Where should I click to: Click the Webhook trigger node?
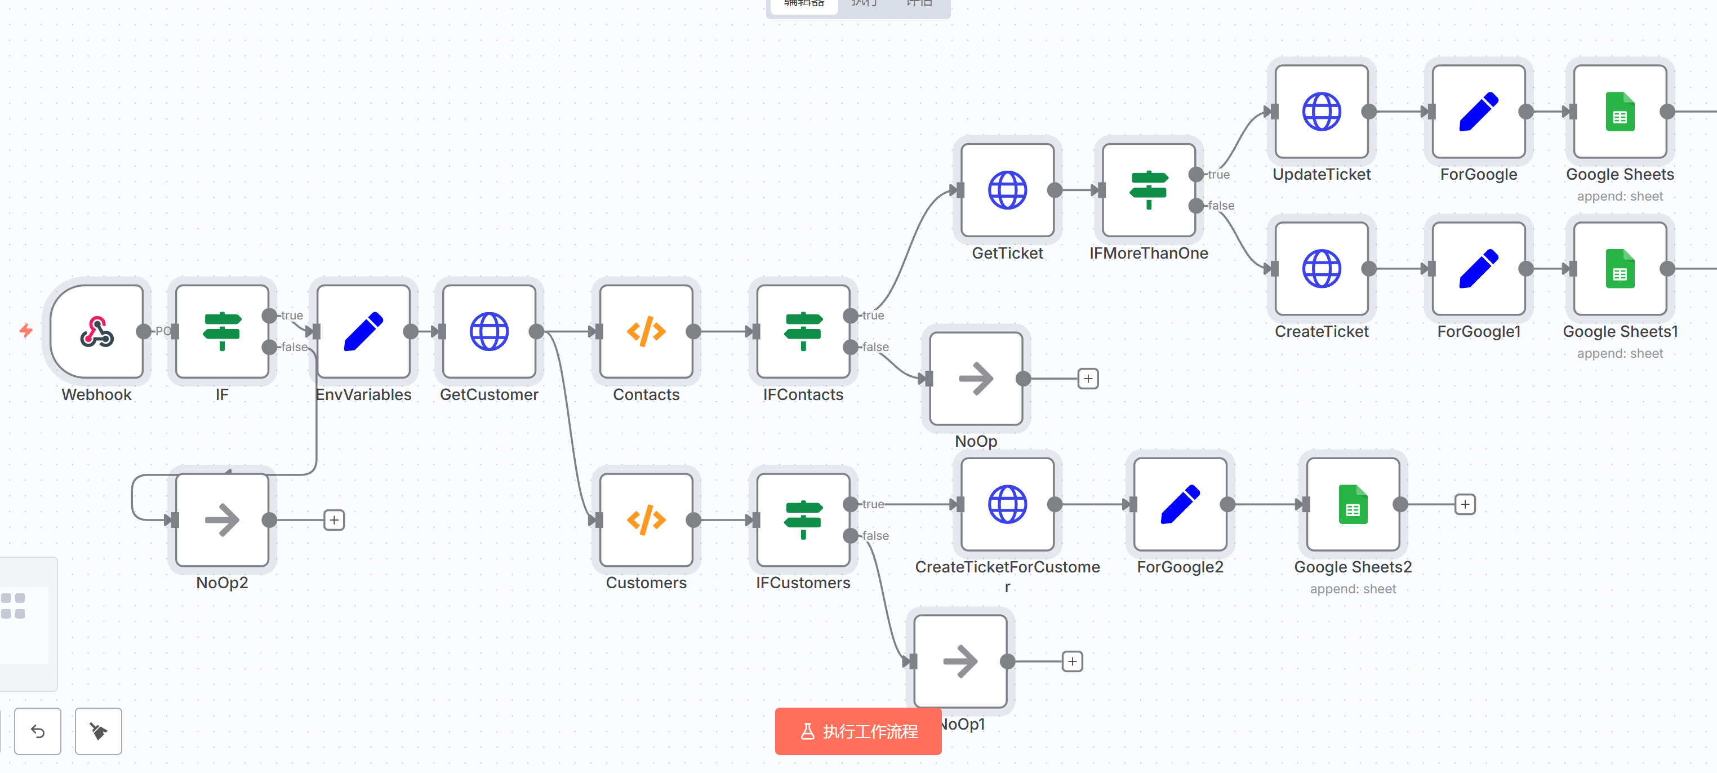coord(97,331)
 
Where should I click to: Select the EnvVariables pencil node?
coord(363,331)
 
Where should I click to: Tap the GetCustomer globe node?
coord(488,331)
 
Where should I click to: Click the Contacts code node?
coord(646,331)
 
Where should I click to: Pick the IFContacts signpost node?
coord(803,331)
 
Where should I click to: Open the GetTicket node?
coord(1007,190)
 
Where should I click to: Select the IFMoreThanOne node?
coord(1149,190)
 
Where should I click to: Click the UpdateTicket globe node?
coord(1321,112)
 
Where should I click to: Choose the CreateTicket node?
coord(1321,269)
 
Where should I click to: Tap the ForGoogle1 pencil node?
coord(1478,269)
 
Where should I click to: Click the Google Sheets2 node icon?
coord(1353,504)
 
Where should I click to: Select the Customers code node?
coord(646,520)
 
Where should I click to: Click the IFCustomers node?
coord(803,520)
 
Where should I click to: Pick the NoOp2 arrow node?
coord(222,520)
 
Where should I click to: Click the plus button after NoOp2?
coord(334,520)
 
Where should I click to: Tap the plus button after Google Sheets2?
coord(1465,504)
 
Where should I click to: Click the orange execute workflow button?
coord(858,731)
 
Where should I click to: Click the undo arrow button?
coord(38,731)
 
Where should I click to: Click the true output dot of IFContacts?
coord(851,315)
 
